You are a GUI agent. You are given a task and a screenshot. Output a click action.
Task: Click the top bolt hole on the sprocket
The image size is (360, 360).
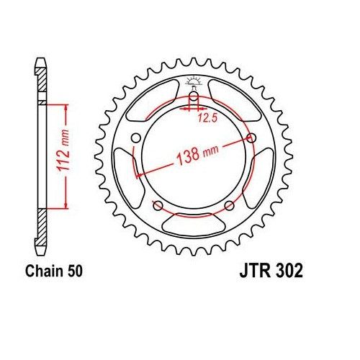click(194, 99)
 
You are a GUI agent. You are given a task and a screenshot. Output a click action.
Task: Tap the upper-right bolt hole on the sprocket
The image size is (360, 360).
click(251, 138)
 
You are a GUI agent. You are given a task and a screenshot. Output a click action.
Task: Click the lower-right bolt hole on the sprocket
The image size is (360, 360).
click(229, 206)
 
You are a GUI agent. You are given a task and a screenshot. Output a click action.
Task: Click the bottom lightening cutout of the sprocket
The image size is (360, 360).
click(194, 225)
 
